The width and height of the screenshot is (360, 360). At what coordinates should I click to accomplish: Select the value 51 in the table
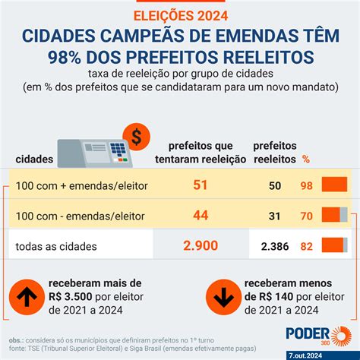coord(201,185)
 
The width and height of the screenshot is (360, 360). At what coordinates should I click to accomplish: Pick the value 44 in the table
coord(201,215)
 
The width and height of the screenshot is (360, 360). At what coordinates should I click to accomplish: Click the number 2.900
coord(201,245)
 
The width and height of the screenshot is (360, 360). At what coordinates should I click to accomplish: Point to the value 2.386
coord(273,245)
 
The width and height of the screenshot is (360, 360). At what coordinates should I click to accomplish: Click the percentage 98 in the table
coord(306,186)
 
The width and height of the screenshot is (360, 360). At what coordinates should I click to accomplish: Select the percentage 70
coord(306,216)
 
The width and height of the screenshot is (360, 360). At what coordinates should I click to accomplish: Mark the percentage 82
coord(306,245)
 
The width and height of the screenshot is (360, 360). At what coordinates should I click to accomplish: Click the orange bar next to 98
coord(334,185)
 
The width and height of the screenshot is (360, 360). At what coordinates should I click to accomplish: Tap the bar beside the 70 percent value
coord(334,215)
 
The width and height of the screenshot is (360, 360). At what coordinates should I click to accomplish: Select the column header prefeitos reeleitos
coord(274,151)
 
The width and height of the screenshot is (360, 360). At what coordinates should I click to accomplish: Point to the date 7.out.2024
coord(327,354)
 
